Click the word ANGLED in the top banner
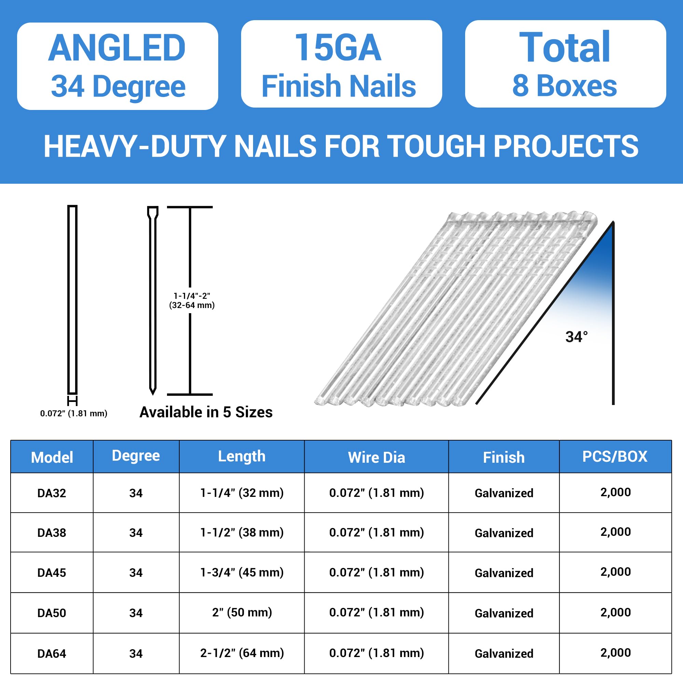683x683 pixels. [x=117, y=48]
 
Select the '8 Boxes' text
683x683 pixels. [x=564, y=86]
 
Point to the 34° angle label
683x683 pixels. [x=576, y=337]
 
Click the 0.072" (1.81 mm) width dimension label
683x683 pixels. [x=73, y=413]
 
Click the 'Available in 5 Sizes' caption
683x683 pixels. [x=206, y=412]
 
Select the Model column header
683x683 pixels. [x=52, y=458]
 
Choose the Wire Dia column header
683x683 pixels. [x=376, y=458]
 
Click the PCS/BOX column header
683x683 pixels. [x=615, y=457]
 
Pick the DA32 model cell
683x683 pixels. [x=52, y=493]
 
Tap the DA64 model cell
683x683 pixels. [x=52, y=654]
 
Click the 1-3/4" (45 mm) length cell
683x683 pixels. [x=242, y=572]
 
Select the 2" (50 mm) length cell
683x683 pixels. [x=242, y=612]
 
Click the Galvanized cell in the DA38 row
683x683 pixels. [x=504, y=533]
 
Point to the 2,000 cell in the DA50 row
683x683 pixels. [x=615, y=612]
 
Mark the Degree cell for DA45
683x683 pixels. [x=136, y=573]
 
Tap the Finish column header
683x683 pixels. [x=504, y=458]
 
